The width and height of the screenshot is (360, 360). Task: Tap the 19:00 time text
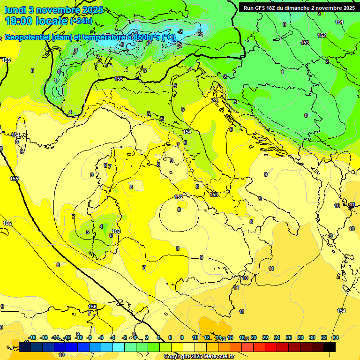[19, 21]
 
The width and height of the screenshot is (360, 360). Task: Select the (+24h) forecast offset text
[81, 21]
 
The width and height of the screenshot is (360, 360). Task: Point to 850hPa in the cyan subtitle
[146, 37]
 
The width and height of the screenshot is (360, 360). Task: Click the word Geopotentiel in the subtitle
[28, 37]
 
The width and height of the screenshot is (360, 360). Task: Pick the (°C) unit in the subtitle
[169, 37]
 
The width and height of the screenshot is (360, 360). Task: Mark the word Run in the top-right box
[248, 7]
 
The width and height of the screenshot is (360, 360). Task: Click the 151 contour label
[339, 22]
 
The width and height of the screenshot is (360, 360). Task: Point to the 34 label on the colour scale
[336, 337]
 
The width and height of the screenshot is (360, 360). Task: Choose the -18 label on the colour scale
[32, 337]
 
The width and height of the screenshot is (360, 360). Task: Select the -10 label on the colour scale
[79, 337]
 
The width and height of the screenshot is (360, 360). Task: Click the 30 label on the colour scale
[312, 337]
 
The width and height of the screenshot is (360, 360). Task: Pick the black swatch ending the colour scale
[330, 347]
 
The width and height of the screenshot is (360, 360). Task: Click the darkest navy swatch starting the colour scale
[25, 347]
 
